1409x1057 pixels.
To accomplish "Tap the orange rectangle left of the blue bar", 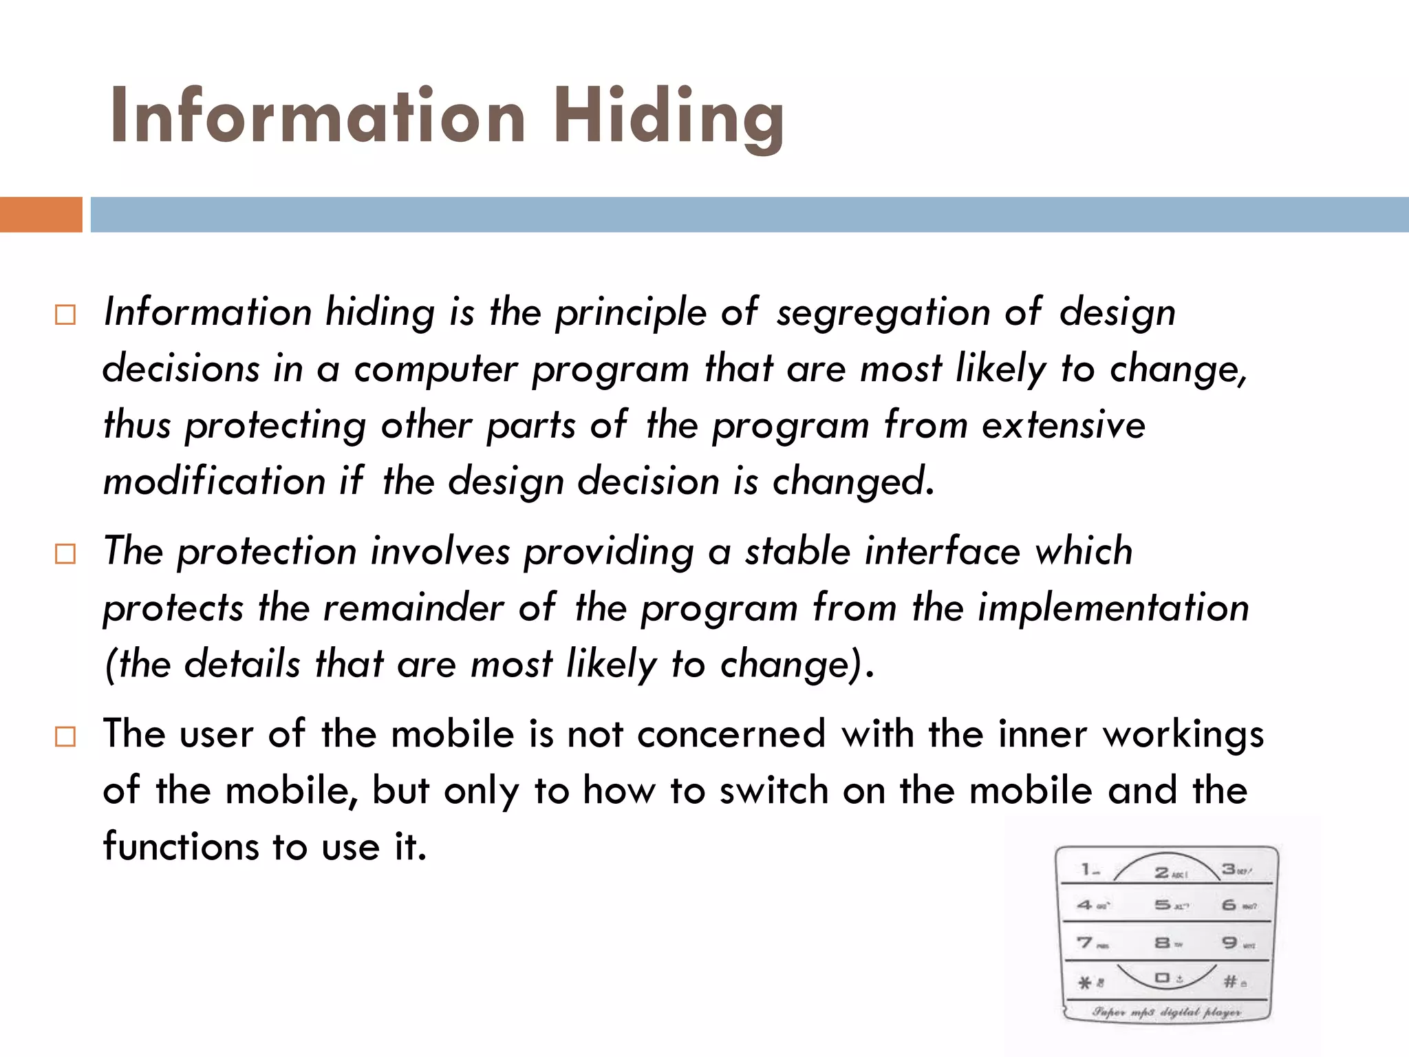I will [41, 215].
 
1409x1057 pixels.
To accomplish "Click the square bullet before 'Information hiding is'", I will [65, 315].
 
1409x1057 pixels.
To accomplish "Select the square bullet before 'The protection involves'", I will [65, 553].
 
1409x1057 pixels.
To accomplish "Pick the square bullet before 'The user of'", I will [65, 737].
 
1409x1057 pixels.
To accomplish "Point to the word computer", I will [435, 370].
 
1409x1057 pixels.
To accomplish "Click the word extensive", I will [1063, 425].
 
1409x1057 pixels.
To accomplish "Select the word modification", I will [214, 480].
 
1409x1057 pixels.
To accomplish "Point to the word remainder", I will [413, 609].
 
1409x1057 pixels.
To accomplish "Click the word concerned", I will [731, 734].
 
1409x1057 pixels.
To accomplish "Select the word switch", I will [773, 791].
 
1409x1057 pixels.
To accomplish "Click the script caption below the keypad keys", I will [1167, 1012].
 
